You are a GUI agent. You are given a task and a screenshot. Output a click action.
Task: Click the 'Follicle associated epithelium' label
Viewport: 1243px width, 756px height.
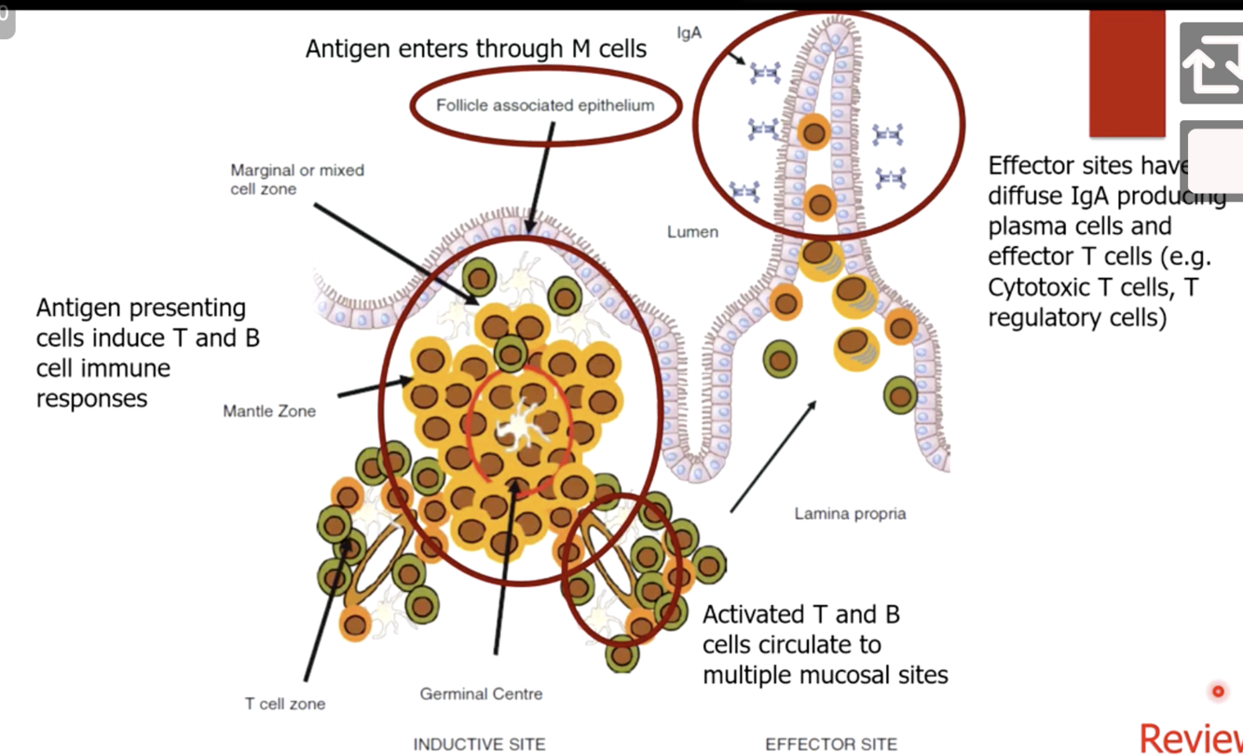[x=545, y=105]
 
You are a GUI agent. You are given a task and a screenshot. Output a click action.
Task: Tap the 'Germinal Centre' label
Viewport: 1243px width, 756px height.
[x=481, y=694]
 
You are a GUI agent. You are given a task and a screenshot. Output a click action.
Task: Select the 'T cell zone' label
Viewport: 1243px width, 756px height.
[x=285, y=704]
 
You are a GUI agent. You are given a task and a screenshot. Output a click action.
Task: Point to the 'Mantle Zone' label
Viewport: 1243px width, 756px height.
[x=269, y=410]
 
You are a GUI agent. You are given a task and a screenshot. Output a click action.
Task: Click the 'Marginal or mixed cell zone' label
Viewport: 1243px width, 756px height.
[x=297, y=179]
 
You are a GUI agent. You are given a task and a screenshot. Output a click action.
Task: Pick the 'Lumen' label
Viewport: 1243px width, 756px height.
[x=692, y=231]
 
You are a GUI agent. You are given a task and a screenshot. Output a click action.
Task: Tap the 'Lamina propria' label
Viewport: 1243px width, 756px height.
[x=850, y=513]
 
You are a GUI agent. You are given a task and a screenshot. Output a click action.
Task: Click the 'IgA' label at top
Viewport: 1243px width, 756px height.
[x=690, y=33]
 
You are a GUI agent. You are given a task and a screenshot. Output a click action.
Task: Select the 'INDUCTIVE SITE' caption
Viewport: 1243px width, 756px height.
[x=479, y=744]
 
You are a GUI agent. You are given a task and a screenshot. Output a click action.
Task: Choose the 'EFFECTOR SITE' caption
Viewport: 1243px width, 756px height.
[x=831, y=744]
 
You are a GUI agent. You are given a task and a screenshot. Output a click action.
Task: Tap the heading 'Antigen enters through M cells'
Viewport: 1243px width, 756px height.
[x=476, y=48]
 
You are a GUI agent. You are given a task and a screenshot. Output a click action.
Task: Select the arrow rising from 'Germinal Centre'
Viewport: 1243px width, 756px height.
[x=504, y=569]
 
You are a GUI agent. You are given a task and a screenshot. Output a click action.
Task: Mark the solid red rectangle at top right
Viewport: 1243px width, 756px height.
[x=1127, y=73]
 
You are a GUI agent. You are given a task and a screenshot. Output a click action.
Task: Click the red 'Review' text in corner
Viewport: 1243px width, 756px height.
[x=1192, y=737]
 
